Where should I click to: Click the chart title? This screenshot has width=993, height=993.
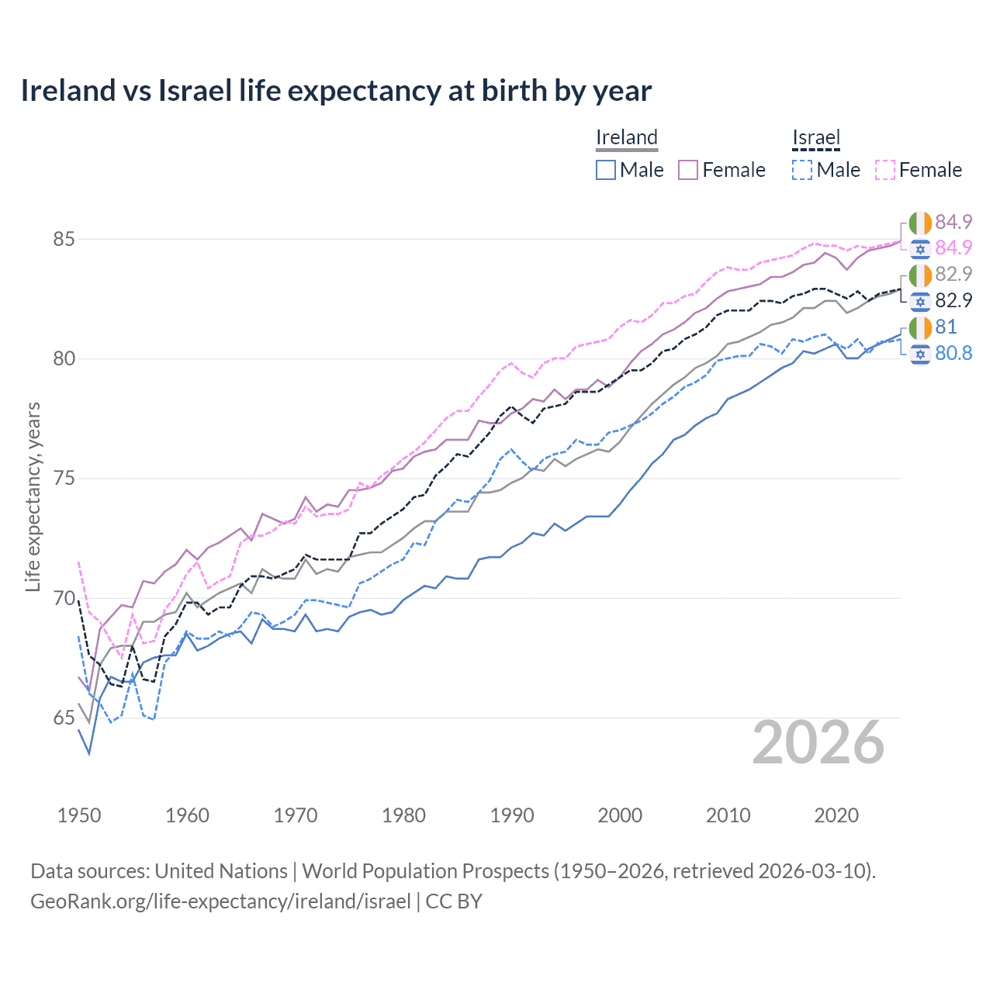[x=335, y=91]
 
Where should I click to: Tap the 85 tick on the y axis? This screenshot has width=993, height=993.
[x=64, y=239]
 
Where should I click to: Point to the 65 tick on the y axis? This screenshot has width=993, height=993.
[x=64, y=718]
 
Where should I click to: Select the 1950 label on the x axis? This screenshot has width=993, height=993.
[x=79, y=815]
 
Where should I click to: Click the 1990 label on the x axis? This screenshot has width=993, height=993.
[x=512, y=815]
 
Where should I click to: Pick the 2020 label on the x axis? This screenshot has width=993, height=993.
[x=836, y=815]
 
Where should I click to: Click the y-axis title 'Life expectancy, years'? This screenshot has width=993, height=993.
[x=33, y=496]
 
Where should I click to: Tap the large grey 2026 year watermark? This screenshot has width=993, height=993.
[x=818, y=743]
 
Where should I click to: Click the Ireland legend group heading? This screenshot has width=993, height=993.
[x=627, y=138]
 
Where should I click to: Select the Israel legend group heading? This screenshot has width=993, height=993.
[x=816, y=138]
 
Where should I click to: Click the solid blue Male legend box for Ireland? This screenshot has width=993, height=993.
[x=606, y=170]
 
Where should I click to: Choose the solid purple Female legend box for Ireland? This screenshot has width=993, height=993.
[x=688, y=170]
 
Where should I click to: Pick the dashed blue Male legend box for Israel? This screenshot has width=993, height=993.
[x=802, y=170]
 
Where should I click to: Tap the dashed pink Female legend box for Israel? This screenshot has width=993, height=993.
[x=885, y=170]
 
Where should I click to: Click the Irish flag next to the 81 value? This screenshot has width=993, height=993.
[x=920, y=327]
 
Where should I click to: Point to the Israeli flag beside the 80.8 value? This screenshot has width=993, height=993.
[x=920, y=354]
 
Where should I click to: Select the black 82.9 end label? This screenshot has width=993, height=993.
[x=953, y=301]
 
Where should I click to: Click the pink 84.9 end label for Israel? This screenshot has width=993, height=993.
[x=953, y=247]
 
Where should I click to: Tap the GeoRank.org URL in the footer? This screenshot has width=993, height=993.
[x=220, y=901]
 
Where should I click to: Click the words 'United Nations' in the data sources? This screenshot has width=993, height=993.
[x=221, y=871]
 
